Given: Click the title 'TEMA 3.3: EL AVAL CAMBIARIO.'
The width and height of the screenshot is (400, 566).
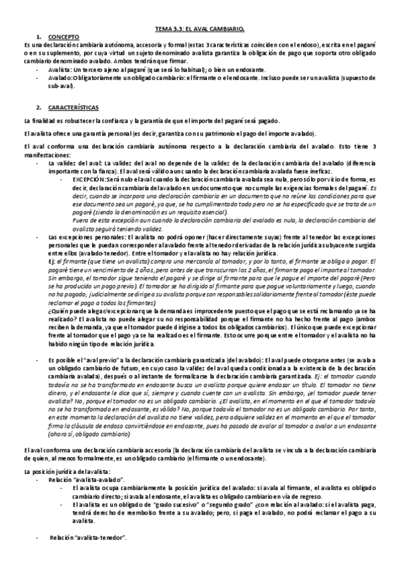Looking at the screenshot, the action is point(200,29).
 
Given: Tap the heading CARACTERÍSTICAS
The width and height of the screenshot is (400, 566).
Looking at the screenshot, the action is point(73,107).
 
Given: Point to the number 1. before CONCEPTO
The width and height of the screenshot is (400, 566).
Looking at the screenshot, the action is point(39,37).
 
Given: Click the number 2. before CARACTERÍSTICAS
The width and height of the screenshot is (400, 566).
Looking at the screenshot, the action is point(39,107).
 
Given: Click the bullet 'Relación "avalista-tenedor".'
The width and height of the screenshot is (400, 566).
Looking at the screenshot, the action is point(87,537).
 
